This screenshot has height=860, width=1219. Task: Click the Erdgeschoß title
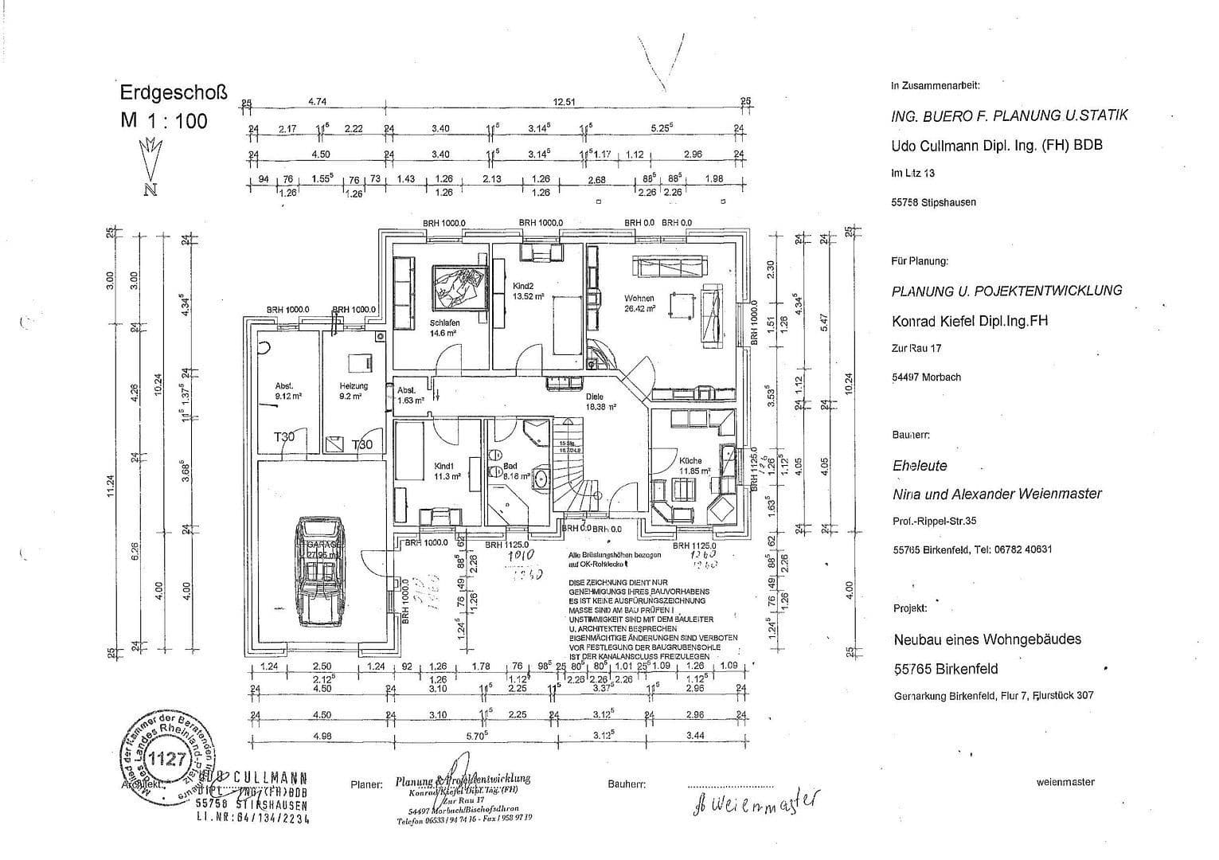click(173, 92)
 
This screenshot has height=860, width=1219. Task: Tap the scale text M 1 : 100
click(164, 120)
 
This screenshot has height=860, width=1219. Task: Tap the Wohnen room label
click(639, 299)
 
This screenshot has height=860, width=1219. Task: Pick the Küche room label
click(690, 460)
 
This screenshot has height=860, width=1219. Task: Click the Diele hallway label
click(594, 396)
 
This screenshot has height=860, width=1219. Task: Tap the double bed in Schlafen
click(458, 285)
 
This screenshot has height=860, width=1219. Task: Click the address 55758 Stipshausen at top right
click(933, 202)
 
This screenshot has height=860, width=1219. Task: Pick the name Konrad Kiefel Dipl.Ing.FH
click(969, 321)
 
